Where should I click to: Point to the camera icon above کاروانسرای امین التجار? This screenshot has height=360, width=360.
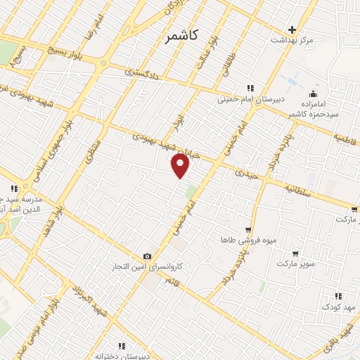point(147,257)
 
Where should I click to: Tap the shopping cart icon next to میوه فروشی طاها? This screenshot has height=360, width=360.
point(248,230)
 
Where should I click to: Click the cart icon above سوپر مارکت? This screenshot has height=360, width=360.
point(295,254)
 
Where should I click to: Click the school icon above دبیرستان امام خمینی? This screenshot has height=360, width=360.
point(249,88)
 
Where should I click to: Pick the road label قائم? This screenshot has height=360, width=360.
point(172,282)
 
